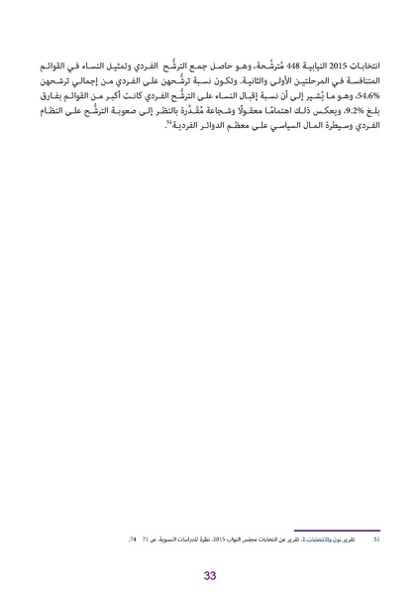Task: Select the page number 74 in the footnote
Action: [x=132, y=541]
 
